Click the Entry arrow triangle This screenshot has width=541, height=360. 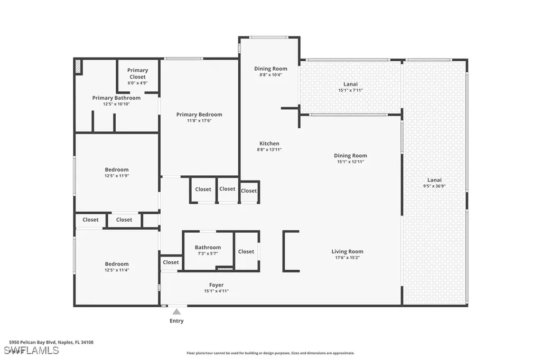click(176, 312)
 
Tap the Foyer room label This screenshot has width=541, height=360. click(216, 285)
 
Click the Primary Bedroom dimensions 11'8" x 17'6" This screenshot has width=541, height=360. click(199, 121)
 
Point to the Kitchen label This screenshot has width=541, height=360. click(269, 144)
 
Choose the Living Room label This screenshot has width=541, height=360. click(347, 252)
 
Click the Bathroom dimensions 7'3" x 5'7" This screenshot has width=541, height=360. click(208, 253)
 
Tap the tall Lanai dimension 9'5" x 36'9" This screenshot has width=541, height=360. click(434, 186)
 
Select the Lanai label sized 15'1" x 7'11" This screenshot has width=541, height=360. click(350, 84)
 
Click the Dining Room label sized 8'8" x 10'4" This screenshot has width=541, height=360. click(270, 69)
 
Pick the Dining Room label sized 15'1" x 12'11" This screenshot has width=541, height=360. click(350, 156)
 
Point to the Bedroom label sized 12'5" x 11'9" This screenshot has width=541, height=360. click(116, 170)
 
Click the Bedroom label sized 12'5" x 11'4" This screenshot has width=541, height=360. click(116, 264)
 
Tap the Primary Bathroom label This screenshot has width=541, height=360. click(116, 98)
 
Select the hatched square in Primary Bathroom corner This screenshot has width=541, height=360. click(78, 67)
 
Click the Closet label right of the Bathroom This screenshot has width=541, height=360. click(246, 252)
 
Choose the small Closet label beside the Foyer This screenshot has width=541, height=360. click(171, 262)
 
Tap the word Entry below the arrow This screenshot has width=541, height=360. click(176, 321)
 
